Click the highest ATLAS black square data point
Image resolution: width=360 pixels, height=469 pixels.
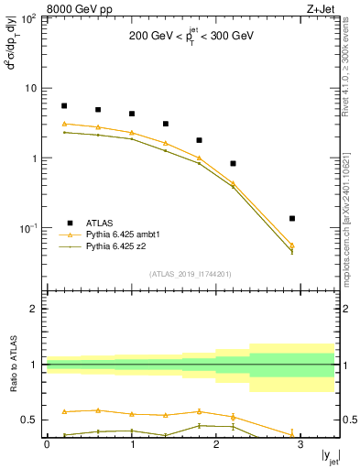(x=64, y=106)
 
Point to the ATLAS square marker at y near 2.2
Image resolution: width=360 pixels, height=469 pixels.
(x=234, y=163)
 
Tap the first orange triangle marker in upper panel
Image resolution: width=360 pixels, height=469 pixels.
(x=64, y=124)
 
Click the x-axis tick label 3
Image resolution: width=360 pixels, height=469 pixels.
(x=300, y=445)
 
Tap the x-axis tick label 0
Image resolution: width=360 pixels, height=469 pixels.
(x=47, y=445)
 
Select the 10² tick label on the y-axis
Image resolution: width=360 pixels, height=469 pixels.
(x=29, y=18)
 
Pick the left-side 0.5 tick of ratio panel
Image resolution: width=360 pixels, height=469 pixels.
(x=29, y=420)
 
